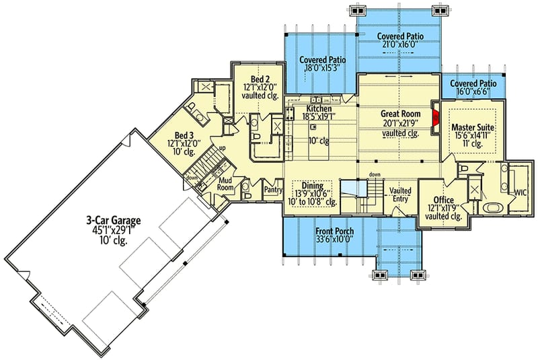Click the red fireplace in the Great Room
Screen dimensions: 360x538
435,119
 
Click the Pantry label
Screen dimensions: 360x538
273,190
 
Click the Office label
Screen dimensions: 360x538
444,201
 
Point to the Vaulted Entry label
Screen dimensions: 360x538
400,194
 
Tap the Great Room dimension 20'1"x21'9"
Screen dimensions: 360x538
400,124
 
